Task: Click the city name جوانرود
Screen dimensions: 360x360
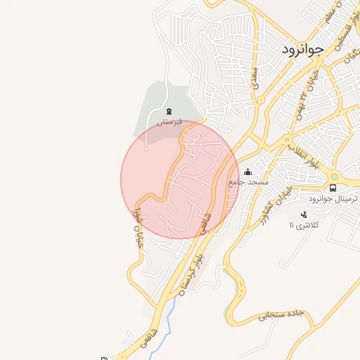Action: tap(302, 49)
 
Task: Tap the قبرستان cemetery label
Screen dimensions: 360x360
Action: tap(169, 122)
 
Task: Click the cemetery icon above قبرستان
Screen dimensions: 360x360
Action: tap(168, 111)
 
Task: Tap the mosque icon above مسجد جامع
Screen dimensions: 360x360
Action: tap(247, 172)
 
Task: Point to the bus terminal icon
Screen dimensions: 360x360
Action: tap(333, 188)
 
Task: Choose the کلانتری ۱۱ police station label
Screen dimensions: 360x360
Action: tap(304, 225)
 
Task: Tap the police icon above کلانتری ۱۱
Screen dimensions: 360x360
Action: tap(304, 214)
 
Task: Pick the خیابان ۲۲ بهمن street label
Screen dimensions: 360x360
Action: tap(309, 84)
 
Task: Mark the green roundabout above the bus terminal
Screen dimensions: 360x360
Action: tap(335, 176)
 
